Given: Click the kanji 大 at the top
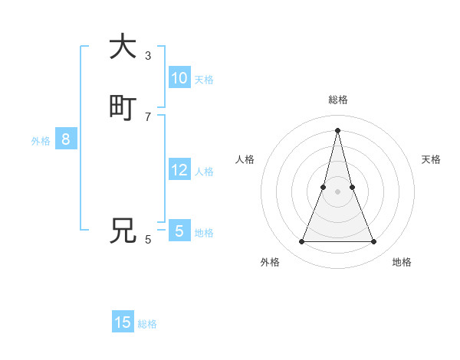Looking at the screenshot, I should [123, 47].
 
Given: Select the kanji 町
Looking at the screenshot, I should [123, 108].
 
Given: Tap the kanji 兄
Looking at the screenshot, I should [123, 230].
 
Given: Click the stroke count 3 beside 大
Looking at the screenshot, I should [148, 55].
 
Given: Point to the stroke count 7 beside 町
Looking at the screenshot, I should [148, 116].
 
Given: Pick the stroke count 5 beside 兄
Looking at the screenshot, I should [148, 239].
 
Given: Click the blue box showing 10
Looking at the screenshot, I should [179, 78].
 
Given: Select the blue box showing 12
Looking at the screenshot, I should [179, 170].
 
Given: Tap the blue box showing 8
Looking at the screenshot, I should [66, 139].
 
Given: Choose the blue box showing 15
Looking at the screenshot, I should [123, 322].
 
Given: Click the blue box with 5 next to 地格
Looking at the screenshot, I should [179, 231].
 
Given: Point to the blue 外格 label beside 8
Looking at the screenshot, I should [41, 141].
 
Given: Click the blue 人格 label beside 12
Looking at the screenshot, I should [205, 172].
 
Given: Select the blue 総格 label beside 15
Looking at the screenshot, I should [147, 324].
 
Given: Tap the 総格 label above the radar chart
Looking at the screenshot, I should [337, 100].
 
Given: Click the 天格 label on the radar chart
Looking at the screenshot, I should [432, 159].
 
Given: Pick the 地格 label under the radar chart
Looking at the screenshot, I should [402, 262].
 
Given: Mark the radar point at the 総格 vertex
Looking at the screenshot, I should [337, 130].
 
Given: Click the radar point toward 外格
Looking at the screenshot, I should [301, 242].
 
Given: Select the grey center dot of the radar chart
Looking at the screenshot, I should [337, 191].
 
